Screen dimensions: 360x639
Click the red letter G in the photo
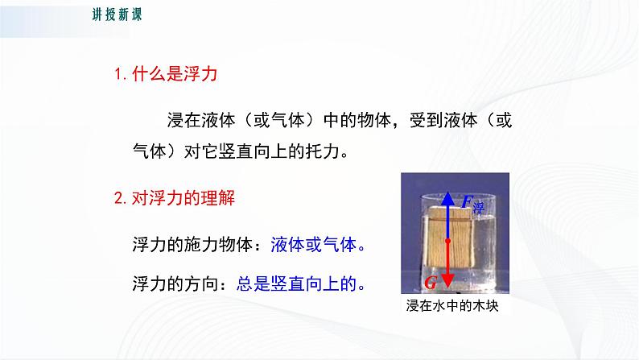(431, 281)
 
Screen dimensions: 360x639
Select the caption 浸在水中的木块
(447, 307)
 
